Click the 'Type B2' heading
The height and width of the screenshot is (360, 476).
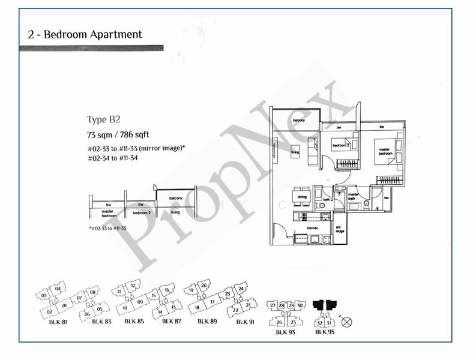click(104, 119)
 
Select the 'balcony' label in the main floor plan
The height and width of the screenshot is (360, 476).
click(299, 121)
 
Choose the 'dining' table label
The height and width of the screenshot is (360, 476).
click(302, 197)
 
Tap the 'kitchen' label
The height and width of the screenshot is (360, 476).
click(312, 229)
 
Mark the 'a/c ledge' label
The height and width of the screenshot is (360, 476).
click(340, 230)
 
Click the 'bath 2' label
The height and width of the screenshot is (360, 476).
click(327, 199)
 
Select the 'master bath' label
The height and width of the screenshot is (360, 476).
click(353, 196)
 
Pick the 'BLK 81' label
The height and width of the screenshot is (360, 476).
click(58, 322)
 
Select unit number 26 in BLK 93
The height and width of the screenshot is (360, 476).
click(279, 322)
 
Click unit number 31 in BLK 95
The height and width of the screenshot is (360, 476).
click(329, 322)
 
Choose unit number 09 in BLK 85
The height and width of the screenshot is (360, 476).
click(140, 301)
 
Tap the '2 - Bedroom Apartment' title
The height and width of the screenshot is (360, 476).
click(85, 34)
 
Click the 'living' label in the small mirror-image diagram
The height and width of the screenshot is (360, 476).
click(175, 212)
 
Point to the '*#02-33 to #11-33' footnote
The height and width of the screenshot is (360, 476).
click(107, 229)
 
